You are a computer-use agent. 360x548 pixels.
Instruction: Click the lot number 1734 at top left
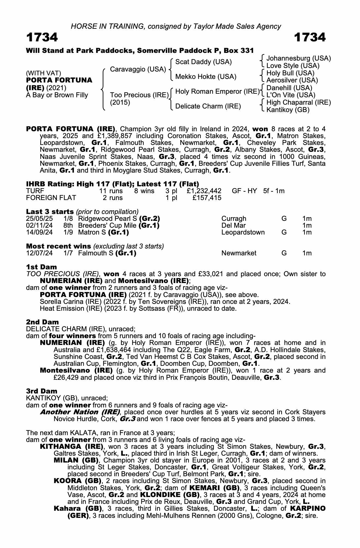point(42,37)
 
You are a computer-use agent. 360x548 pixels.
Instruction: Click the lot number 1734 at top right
point(310,37)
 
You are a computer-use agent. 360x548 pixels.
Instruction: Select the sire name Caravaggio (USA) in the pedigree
point(138,69)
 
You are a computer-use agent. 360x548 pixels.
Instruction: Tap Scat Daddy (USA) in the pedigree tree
point(203,62)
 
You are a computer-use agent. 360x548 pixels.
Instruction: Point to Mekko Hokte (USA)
point(206,77)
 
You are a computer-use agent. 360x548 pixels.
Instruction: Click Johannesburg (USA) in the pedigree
point(298,58)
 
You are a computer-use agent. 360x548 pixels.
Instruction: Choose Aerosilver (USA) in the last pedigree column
point(292,80)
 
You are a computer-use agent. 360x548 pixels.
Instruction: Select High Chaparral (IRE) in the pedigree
point(298,102)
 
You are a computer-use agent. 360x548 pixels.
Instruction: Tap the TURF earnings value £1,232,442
point(204,191)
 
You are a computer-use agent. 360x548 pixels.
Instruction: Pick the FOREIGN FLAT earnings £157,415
point(207,198)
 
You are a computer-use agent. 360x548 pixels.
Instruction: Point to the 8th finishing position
point(68,226)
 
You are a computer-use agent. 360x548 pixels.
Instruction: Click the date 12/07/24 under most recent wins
point(39,253)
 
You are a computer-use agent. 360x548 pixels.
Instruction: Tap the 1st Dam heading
point(41,267)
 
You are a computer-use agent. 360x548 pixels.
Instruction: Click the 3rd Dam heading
point(42,391)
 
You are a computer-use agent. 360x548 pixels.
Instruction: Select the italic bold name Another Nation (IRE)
point(80,412)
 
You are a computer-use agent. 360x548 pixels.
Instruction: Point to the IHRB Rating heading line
point(112,184)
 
